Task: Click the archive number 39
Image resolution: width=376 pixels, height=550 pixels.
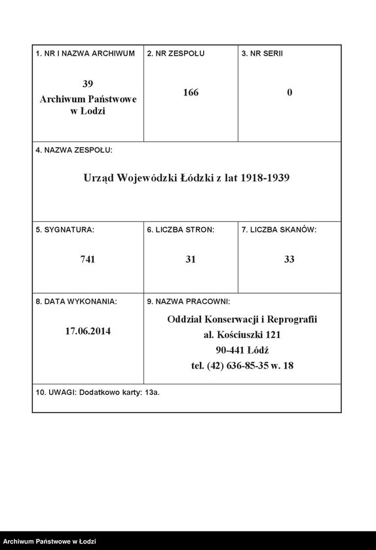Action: (88, 84)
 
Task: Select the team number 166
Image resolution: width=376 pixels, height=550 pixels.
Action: (191, 92)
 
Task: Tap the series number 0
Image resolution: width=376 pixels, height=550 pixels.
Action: (290, 92)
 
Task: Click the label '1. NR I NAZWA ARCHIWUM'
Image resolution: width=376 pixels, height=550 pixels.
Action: (85, 53)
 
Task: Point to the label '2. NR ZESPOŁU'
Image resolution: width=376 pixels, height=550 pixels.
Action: (176, 53)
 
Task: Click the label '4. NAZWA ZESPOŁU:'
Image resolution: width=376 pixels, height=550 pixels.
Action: (74, 150)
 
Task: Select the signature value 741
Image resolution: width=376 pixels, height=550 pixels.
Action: (88, 259)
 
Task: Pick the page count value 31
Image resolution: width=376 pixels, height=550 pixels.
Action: (191, 259)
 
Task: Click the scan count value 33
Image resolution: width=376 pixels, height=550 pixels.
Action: (290, 259)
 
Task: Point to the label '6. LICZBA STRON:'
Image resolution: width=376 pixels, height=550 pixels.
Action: (181, 230)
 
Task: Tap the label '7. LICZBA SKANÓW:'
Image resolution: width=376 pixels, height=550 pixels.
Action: (279, 230)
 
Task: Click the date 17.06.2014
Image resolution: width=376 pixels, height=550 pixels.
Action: (88, 331)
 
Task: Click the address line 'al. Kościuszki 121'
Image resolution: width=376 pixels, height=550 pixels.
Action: (242, 335)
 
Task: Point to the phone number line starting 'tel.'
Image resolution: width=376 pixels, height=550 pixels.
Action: (242, 365)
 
